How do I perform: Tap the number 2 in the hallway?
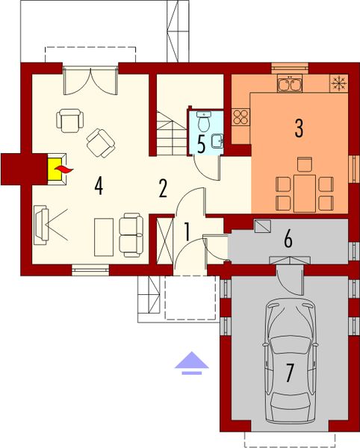coord(162,187)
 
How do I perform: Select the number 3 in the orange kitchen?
coord(299,127)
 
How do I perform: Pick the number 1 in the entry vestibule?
coord(187,231)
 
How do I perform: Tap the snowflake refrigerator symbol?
coord(338,81)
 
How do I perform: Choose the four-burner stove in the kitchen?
coord(241,116)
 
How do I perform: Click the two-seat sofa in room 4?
coord(131,234)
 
